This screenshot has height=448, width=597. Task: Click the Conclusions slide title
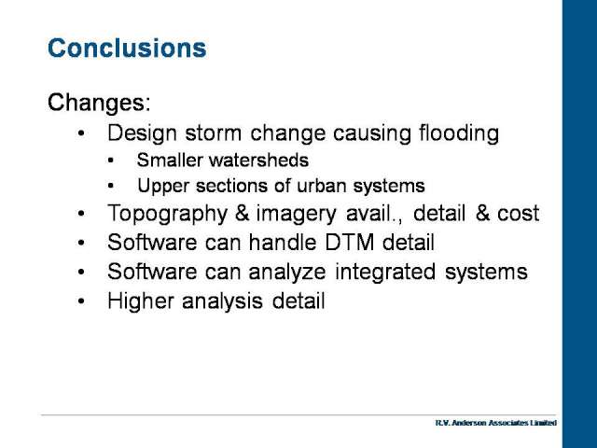tap(127, 48)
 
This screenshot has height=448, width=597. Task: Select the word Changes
tap(96, 103)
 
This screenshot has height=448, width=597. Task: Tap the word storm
tap(214, 133)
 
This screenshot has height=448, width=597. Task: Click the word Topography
tap(168, 214)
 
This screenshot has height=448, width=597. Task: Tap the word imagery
tap(297, 215)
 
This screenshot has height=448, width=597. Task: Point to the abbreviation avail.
tap(369, 214)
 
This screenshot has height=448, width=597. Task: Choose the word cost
tap(519, 214)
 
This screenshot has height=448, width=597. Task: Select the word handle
tap(282, 243)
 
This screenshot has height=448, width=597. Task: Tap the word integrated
tap(385, 273)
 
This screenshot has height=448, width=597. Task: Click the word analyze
tap(287, 273)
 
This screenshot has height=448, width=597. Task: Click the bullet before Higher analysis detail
tap(81, 301)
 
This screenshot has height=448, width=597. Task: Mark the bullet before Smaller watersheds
tap(110, 161)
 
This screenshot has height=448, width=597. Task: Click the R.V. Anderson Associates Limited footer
tap(496, 423)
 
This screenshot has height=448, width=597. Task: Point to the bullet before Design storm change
tap(81, 133)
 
